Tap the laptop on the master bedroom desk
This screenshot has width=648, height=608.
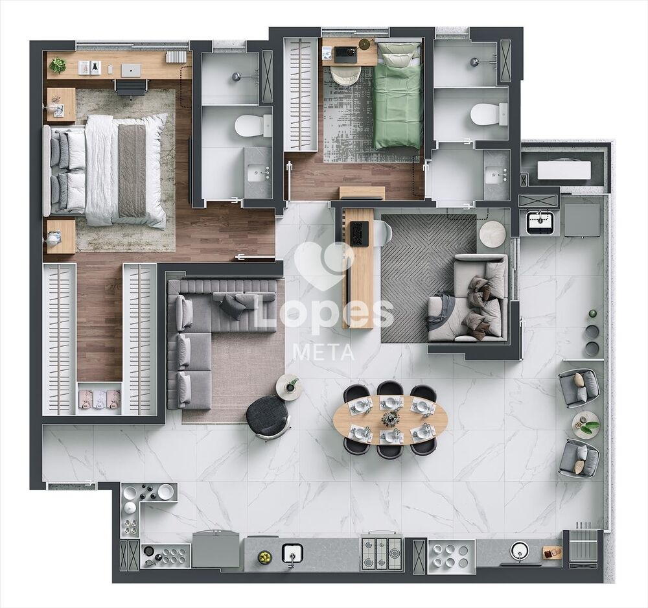[131, 70]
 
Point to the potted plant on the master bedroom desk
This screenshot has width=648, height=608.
[58, 65]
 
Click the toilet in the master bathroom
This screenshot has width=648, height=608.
[253, 125]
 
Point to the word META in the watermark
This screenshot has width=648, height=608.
[324, 353]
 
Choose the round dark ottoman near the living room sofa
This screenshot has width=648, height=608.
[268, 415]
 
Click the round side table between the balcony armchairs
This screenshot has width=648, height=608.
[585, 424]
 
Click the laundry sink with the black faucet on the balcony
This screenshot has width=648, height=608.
[538, 220]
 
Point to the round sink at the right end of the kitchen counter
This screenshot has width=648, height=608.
[519, 550]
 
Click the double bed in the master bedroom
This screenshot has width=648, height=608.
[107, 170]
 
